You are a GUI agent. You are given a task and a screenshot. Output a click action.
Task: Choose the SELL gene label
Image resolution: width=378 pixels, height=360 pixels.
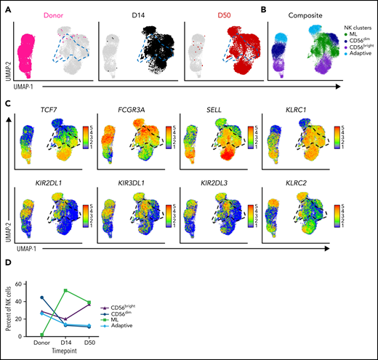[203, 110]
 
